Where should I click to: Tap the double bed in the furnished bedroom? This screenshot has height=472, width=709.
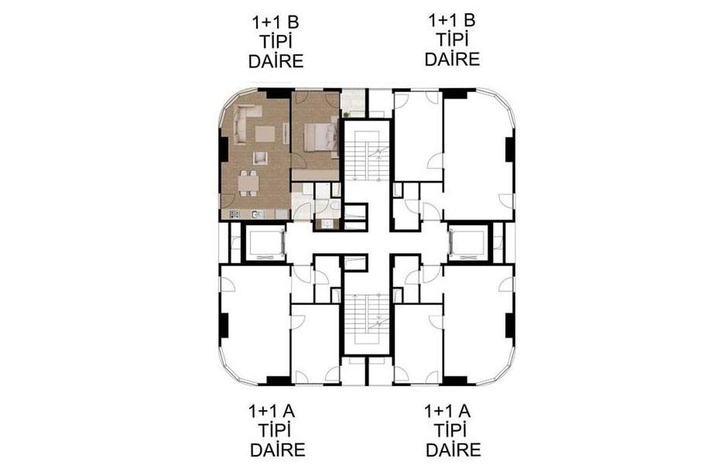point(320,136)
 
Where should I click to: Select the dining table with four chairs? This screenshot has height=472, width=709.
point(248,183)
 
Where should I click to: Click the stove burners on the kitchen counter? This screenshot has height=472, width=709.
point(235,214)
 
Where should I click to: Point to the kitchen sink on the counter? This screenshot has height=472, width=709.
point(256,214)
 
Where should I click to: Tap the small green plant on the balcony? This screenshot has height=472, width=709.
point(346,114)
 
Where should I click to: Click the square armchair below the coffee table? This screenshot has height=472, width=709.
point(260,158)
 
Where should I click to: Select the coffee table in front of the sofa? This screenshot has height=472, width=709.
point(265,133)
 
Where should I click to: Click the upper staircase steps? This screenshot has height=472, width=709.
point(367,156)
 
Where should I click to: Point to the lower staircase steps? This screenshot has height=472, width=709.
point(367,317)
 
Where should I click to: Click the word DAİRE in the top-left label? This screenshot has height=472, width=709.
point(276,61)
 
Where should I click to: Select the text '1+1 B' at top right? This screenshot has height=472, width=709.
point(452,20)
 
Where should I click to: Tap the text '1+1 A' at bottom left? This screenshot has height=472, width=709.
point(272,411)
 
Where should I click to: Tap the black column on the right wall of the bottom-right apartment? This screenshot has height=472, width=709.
point(510,326)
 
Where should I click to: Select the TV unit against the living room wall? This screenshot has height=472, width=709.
point(286,133)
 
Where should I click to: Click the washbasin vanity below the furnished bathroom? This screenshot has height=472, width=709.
point(327,224)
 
